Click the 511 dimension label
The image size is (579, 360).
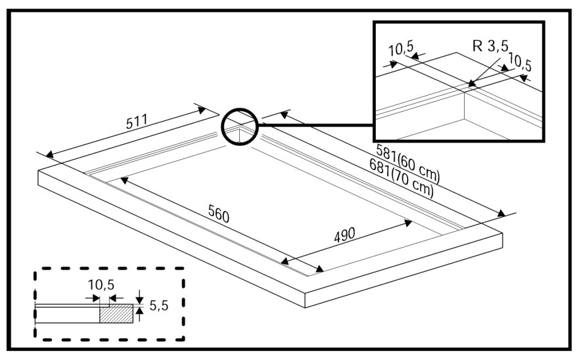point(137,122)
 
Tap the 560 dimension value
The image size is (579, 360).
point(219,214)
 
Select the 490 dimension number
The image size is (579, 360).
point(344,235)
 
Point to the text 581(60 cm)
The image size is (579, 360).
point(408,163)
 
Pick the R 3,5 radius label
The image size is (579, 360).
point(490,46)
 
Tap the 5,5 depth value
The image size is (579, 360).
point(159,305)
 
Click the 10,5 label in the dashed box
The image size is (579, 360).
point(101,285)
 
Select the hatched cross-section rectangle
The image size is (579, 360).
point(116,314)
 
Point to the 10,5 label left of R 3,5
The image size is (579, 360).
point(402,49)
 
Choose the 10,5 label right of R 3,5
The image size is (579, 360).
point(520,62)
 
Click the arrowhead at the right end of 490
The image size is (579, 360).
point(407,222)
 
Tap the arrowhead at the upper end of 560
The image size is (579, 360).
point(124,181)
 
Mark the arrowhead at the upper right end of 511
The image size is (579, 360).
point(202,109)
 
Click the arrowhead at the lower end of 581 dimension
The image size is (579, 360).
point(501,213)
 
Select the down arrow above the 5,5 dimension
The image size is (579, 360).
point(139,297)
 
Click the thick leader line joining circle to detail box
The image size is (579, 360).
point(315,125)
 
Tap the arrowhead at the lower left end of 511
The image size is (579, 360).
point(49,154)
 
